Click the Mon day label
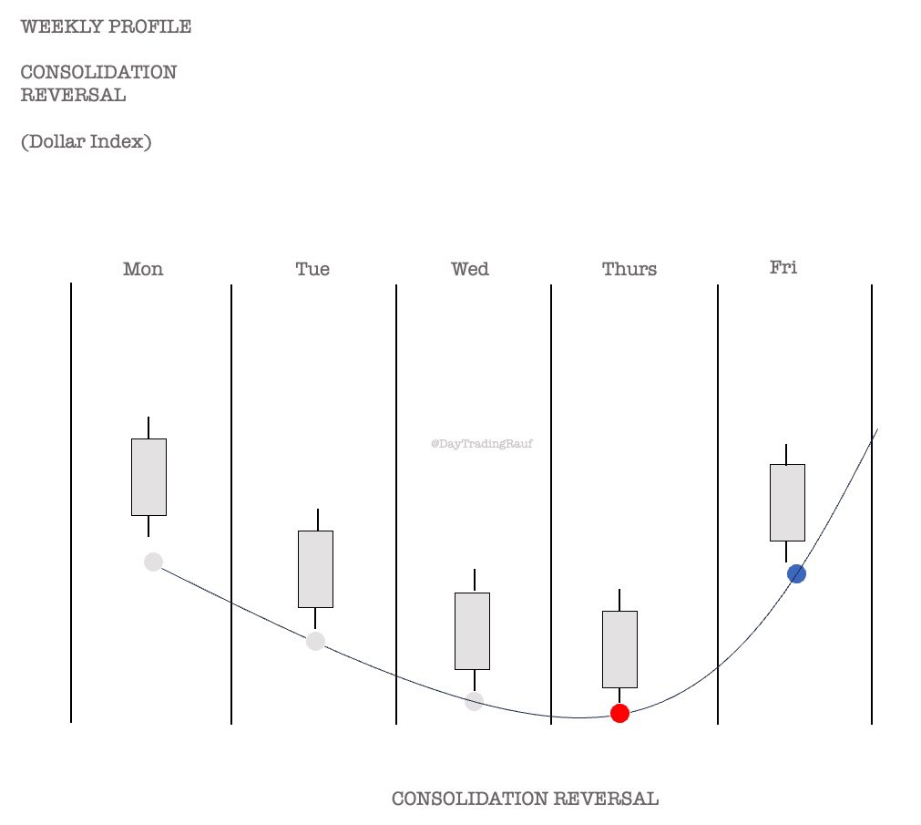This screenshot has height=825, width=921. [x=143, y=269]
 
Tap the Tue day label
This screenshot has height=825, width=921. [x=312, y=269]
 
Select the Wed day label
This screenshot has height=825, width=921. [x=470, y=269]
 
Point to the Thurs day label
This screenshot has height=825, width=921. [x=629, y=270]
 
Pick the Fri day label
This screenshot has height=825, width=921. [x=783, y=267]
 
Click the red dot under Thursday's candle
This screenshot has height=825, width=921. [x=619, y=713]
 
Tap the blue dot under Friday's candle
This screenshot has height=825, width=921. [x=796, y=573]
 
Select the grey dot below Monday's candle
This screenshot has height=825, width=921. [x=153, y=562]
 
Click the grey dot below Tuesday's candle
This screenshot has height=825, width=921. [x=315, y=641]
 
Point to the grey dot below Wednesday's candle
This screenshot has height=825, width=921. [x=474, y=701]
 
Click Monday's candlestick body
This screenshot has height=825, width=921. [x=148, y=477]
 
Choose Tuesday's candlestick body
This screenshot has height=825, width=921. [x=315, y=569]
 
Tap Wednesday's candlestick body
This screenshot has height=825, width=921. [x=472, y=631]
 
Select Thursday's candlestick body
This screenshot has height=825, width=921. [x=619, y=649]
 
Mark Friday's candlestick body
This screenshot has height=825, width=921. [x=787, y=502]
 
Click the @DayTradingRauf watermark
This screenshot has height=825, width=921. [x=482, y=444]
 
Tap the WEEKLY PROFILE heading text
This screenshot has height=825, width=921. [x=106, y=26]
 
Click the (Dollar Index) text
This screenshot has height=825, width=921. [x=86, y=141]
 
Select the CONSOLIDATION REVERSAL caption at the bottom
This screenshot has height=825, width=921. [x=525, y=799]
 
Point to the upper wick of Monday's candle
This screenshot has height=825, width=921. [x=148, y=428]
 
